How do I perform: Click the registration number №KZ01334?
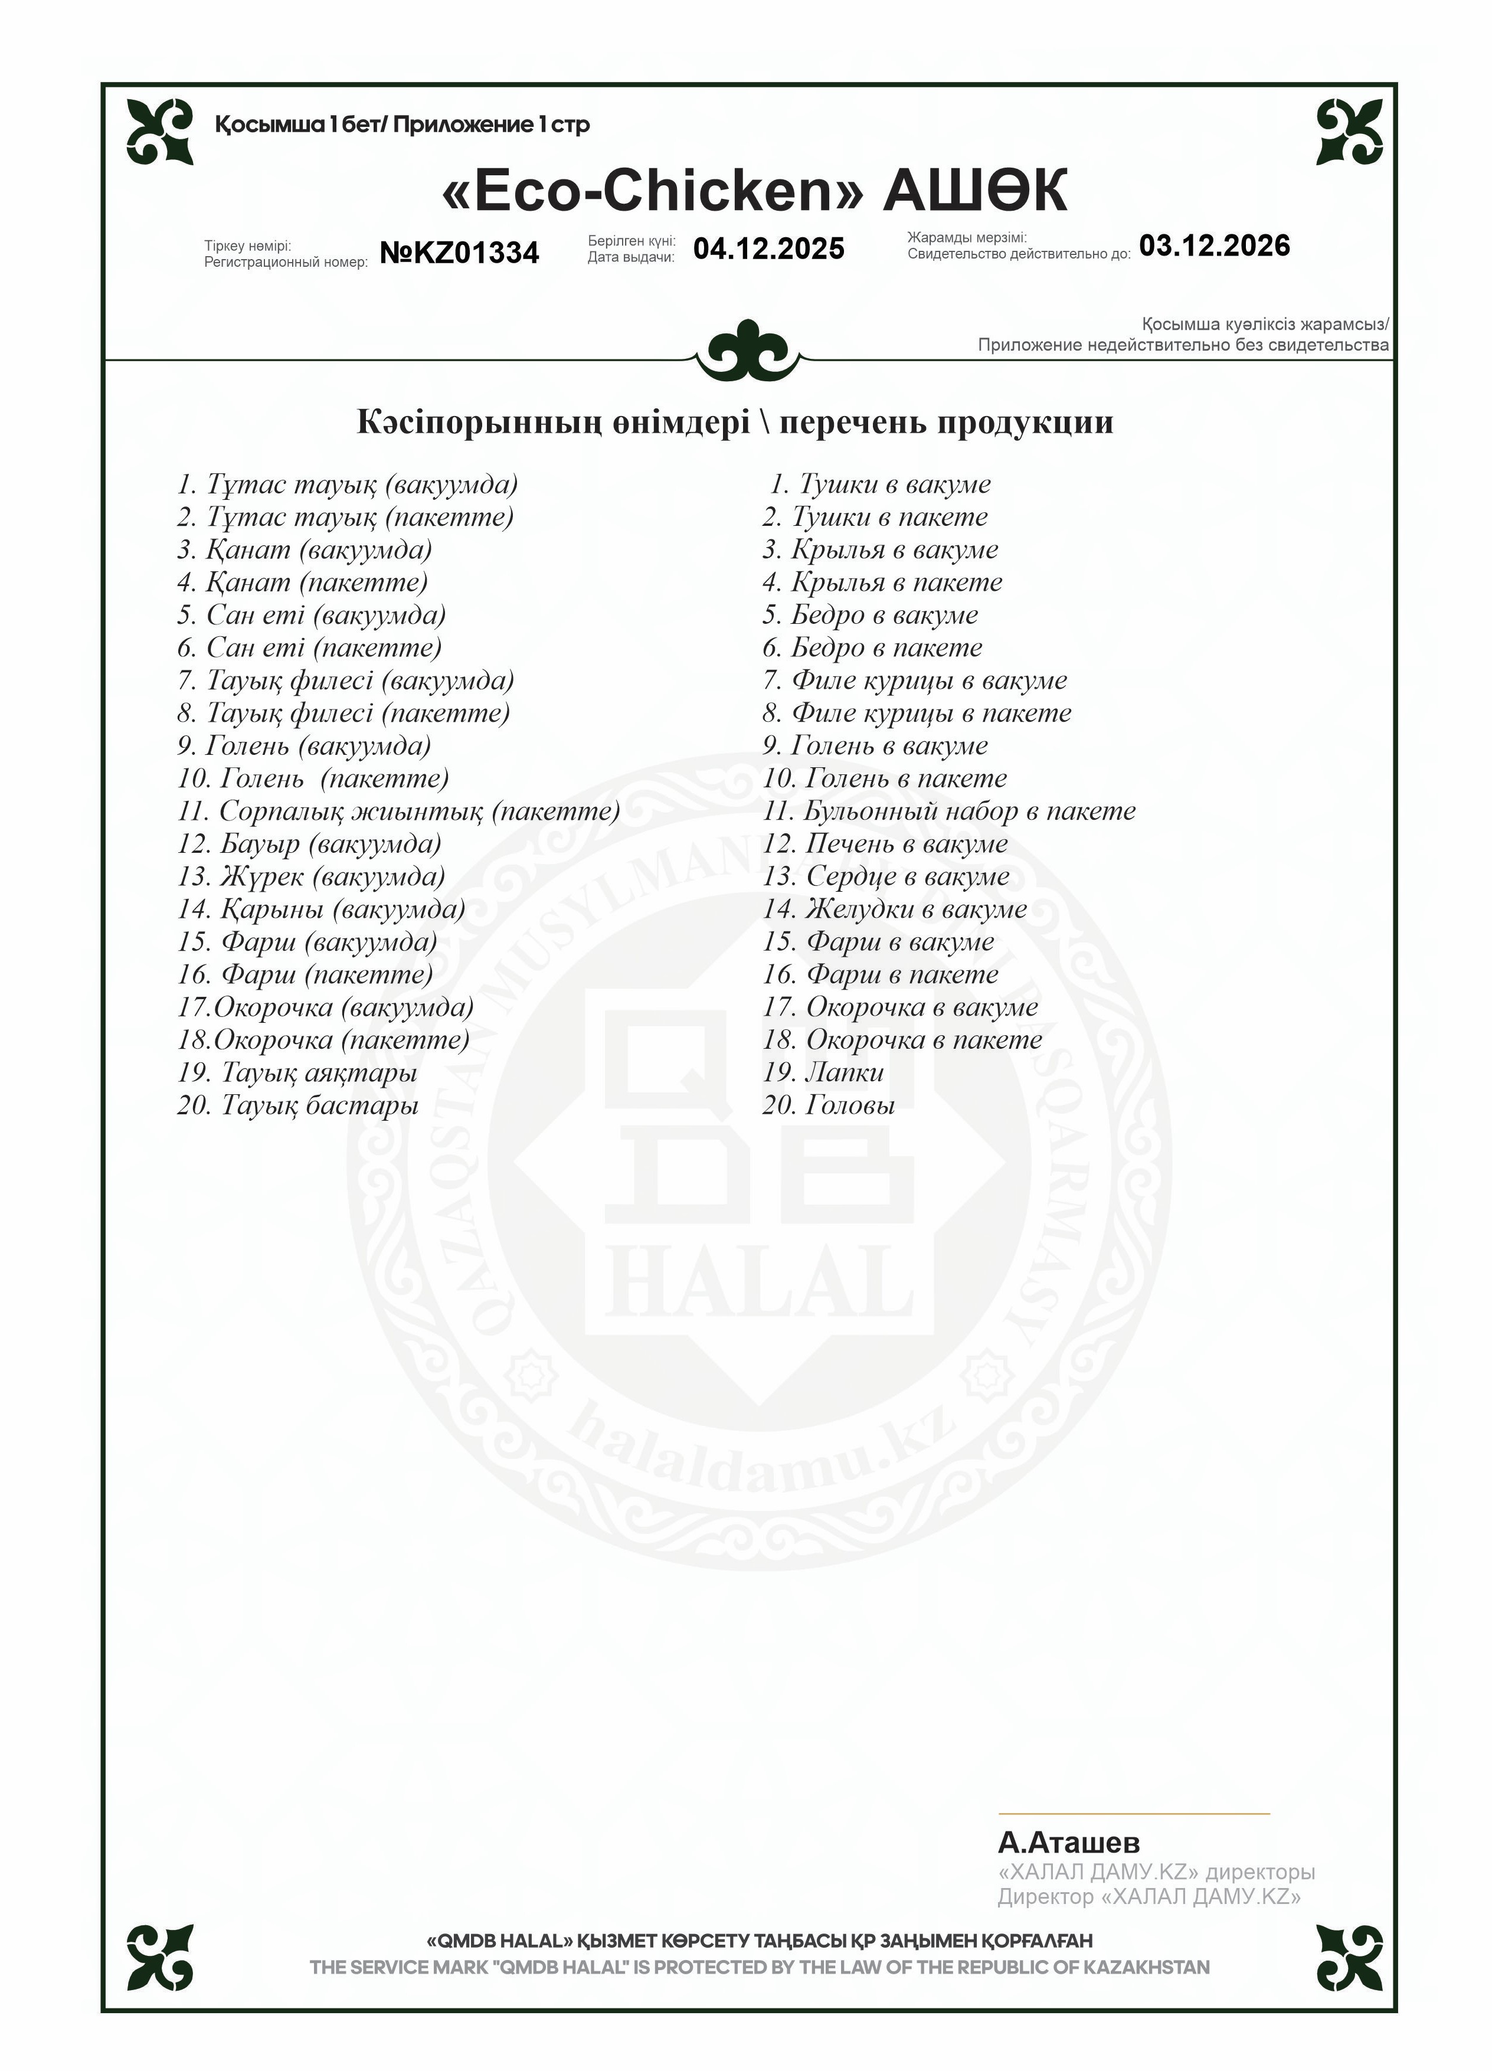coord(459,253)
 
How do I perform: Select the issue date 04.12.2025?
coord(769,249)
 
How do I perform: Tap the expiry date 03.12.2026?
coord(1215,246)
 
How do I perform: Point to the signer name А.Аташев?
coord(1068,1843)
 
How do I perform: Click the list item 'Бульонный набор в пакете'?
coord(950,811)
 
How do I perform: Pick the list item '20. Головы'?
coord(828,1105)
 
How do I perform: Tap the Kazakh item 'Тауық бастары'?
coord(319,1105)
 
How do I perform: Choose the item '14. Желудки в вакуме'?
coord(895,908)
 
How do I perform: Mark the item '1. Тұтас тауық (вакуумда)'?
coord(347,484)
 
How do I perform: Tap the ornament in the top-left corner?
coord(160,132)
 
